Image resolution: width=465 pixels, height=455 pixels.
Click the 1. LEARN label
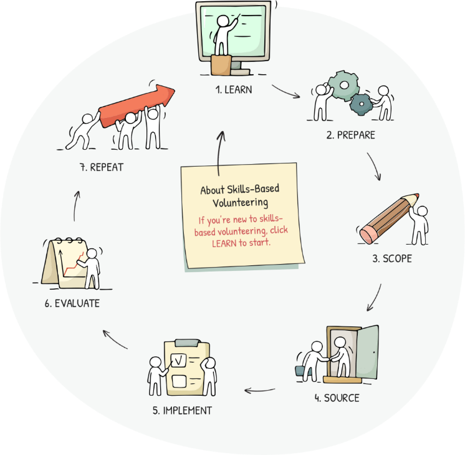[x=234, y=90]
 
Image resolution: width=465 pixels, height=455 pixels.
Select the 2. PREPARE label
[x=351, y=135]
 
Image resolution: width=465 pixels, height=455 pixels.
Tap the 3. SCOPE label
[x=392, y=258]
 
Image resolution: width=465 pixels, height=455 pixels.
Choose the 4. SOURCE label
[x=337, y=398]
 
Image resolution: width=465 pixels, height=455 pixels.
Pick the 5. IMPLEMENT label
[x=182, y=411]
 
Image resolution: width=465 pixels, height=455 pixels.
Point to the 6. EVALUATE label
[x=72, y=303]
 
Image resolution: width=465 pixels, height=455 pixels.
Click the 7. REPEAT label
[x=102, y=167]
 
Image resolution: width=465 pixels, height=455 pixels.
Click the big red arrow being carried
[x=137, y=105]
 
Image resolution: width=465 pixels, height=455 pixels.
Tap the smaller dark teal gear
[x=361, y=104]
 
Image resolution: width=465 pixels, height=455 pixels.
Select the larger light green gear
[x=344, y=86]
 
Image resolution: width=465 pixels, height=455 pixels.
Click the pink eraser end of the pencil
[x=368, y=234]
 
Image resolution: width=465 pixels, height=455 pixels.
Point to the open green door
[x=367, y=352]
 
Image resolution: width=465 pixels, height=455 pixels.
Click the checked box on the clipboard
[x=178, y=360]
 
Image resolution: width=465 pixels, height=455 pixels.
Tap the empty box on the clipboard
[x=179, y=381]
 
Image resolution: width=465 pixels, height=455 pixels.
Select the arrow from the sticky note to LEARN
[x=219, y=153]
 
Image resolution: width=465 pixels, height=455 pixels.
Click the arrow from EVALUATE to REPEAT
[x=75, y=205]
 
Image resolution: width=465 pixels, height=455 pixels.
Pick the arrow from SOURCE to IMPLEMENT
[x=259, y=391]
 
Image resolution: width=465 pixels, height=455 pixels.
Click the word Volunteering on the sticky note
[x=240, y=203]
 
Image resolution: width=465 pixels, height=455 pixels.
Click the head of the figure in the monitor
[x=223, y=21]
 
